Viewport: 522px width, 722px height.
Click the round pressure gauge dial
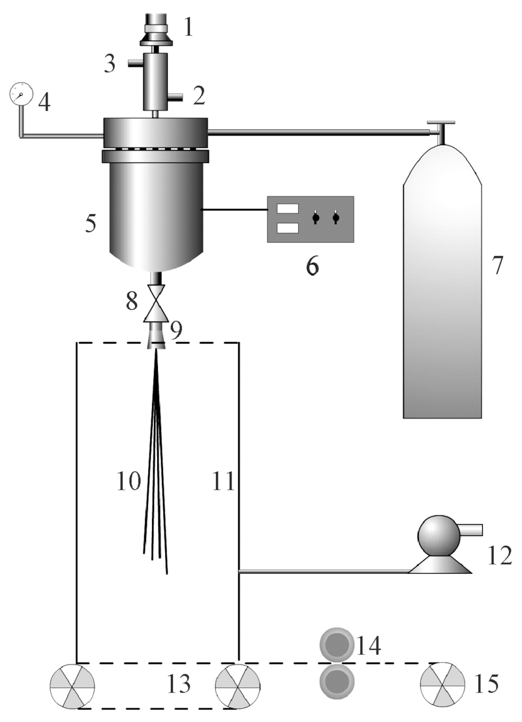(x=21, y=94)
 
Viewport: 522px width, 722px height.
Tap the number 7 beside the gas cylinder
(x=499, y=267)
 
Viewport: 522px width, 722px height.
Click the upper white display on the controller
(x=288, y=209)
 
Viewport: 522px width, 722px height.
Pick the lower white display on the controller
(x=288, y=228)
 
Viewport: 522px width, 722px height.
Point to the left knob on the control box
(x=315, y=218)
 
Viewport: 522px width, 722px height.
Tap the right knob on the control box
(x=336, y=218)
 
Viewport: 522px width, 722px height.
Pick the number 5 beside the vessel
(x=89, y=223)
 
